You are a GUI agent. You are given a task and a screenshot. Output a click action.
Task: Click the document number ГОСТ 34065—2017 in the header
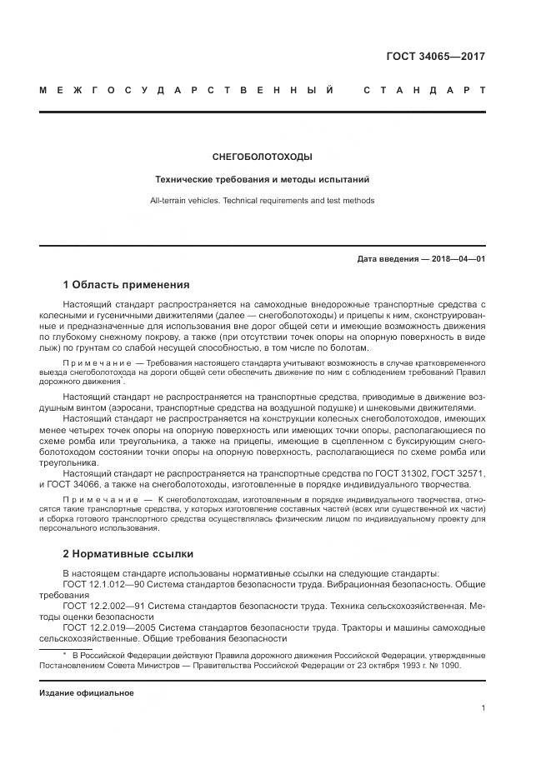pos(435,57)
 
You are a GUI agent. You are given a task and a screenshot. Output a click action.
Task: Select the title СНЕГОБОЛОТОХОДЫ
pos(263,157)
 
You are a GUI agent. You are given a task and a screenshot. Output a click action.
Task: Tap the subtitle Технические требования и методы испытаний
pos(263,179)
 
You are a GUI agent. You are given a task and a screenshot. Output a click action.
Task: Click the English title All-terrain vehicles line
pos(263,201)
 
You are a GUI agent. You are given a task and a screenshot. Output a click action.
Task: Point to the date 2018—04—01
pos(458,259)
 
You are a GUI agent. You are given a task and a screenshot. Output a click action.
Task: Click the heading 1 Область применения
pos(127,284)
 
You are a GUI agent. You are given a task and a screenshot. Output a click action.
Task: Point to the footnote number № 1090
pos(442,666)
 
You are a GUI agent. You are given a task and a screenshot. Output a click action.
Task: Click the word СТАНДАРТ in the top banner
pos(424,90)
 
